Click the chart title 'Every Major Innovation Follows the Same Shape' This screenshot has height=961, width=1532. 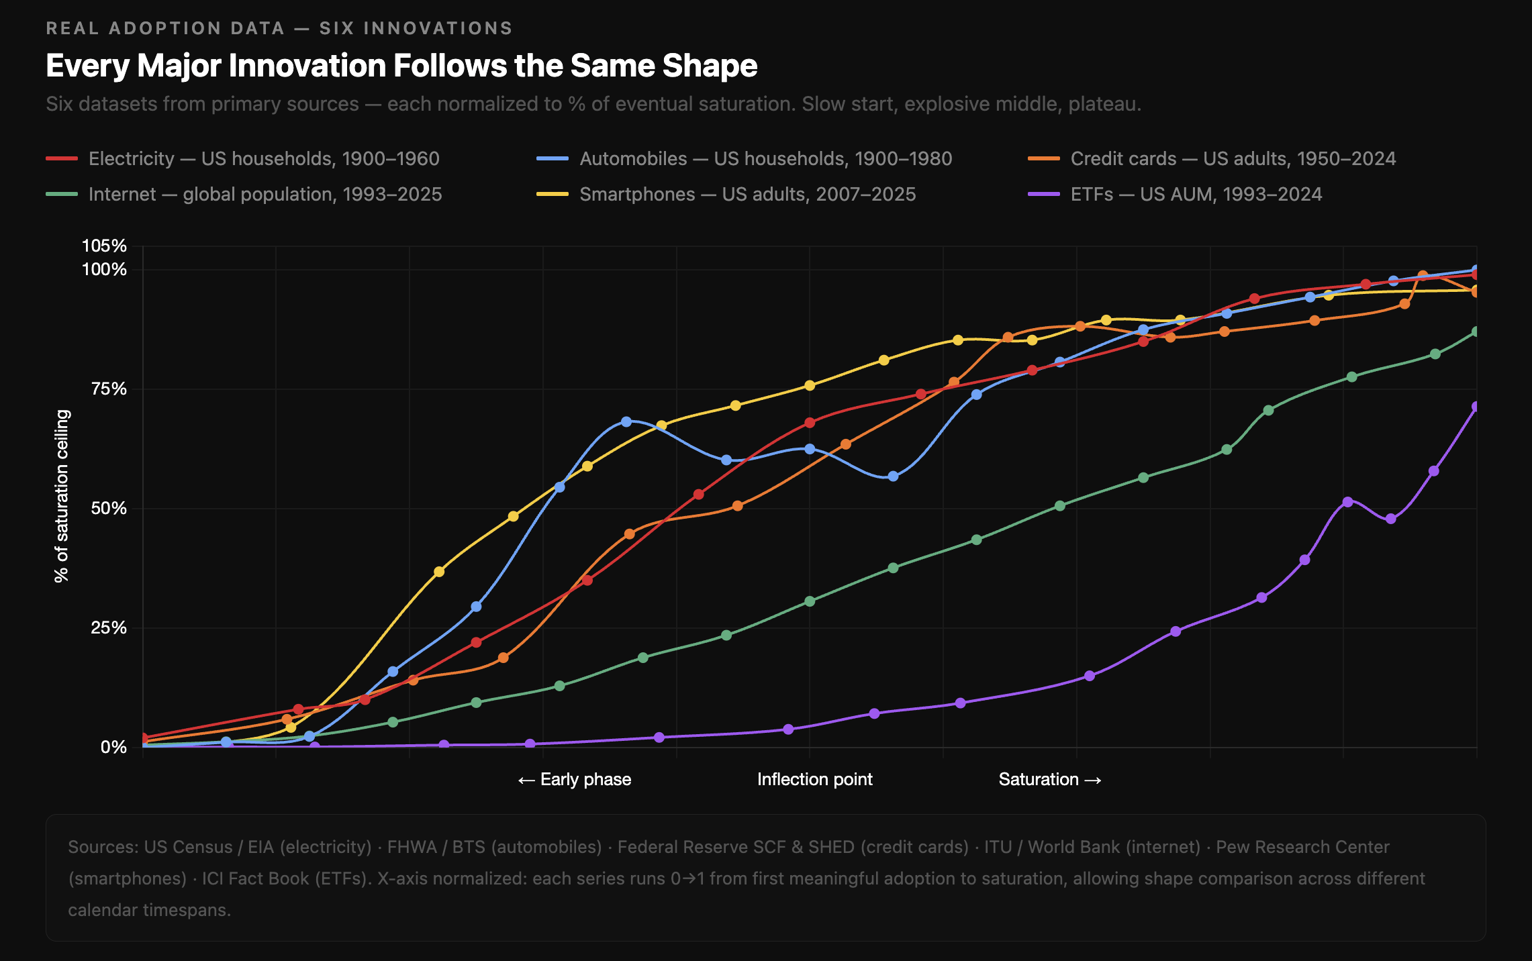point(401,66)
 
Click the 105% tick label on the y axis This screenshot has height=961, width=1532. point(104,246)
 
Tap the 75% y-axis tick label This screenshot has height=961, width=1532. point(109,389)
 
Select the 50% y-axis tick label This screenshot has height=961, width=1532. point(109,509)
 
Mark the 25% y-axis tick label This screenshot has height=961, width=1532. point(109,628)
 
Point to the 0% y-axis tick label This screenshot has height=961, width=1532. point(113,747)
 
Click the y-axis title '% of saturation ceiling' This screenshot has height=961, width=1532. point(62,496)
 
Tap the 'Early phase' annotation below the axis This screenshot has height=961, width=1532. point(575,779)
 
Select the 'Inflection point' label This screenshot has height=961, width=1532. point(814,779)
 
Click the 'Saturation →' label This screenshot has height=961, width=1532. point(1050,779)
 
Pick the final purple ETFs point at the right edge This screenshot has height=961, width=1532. point(1475,407)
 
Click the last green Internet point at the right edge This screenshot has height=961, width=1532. point(1475,332)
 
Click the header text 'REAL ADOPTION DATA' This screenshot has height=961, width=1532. point(165,28)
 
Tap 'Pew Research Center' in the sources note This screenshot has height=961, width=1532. point(1302,847)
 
